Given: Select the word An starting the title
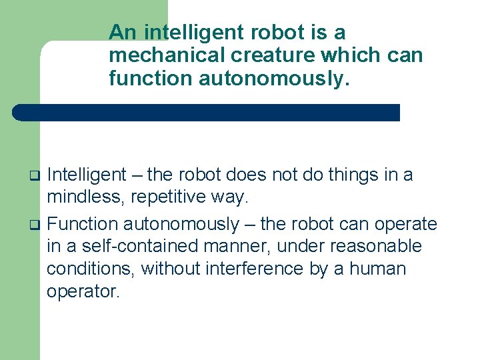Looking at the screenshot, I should pos(123,32).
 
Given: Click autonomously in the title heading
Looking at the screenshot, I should pos(273,79).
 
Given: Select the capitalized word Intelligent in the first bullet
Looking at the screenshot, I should pos(87,175).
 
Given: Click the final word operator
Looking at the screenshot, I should pos(83,293).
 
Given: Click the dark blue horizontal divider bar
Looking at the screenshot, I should pos(207,112).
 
